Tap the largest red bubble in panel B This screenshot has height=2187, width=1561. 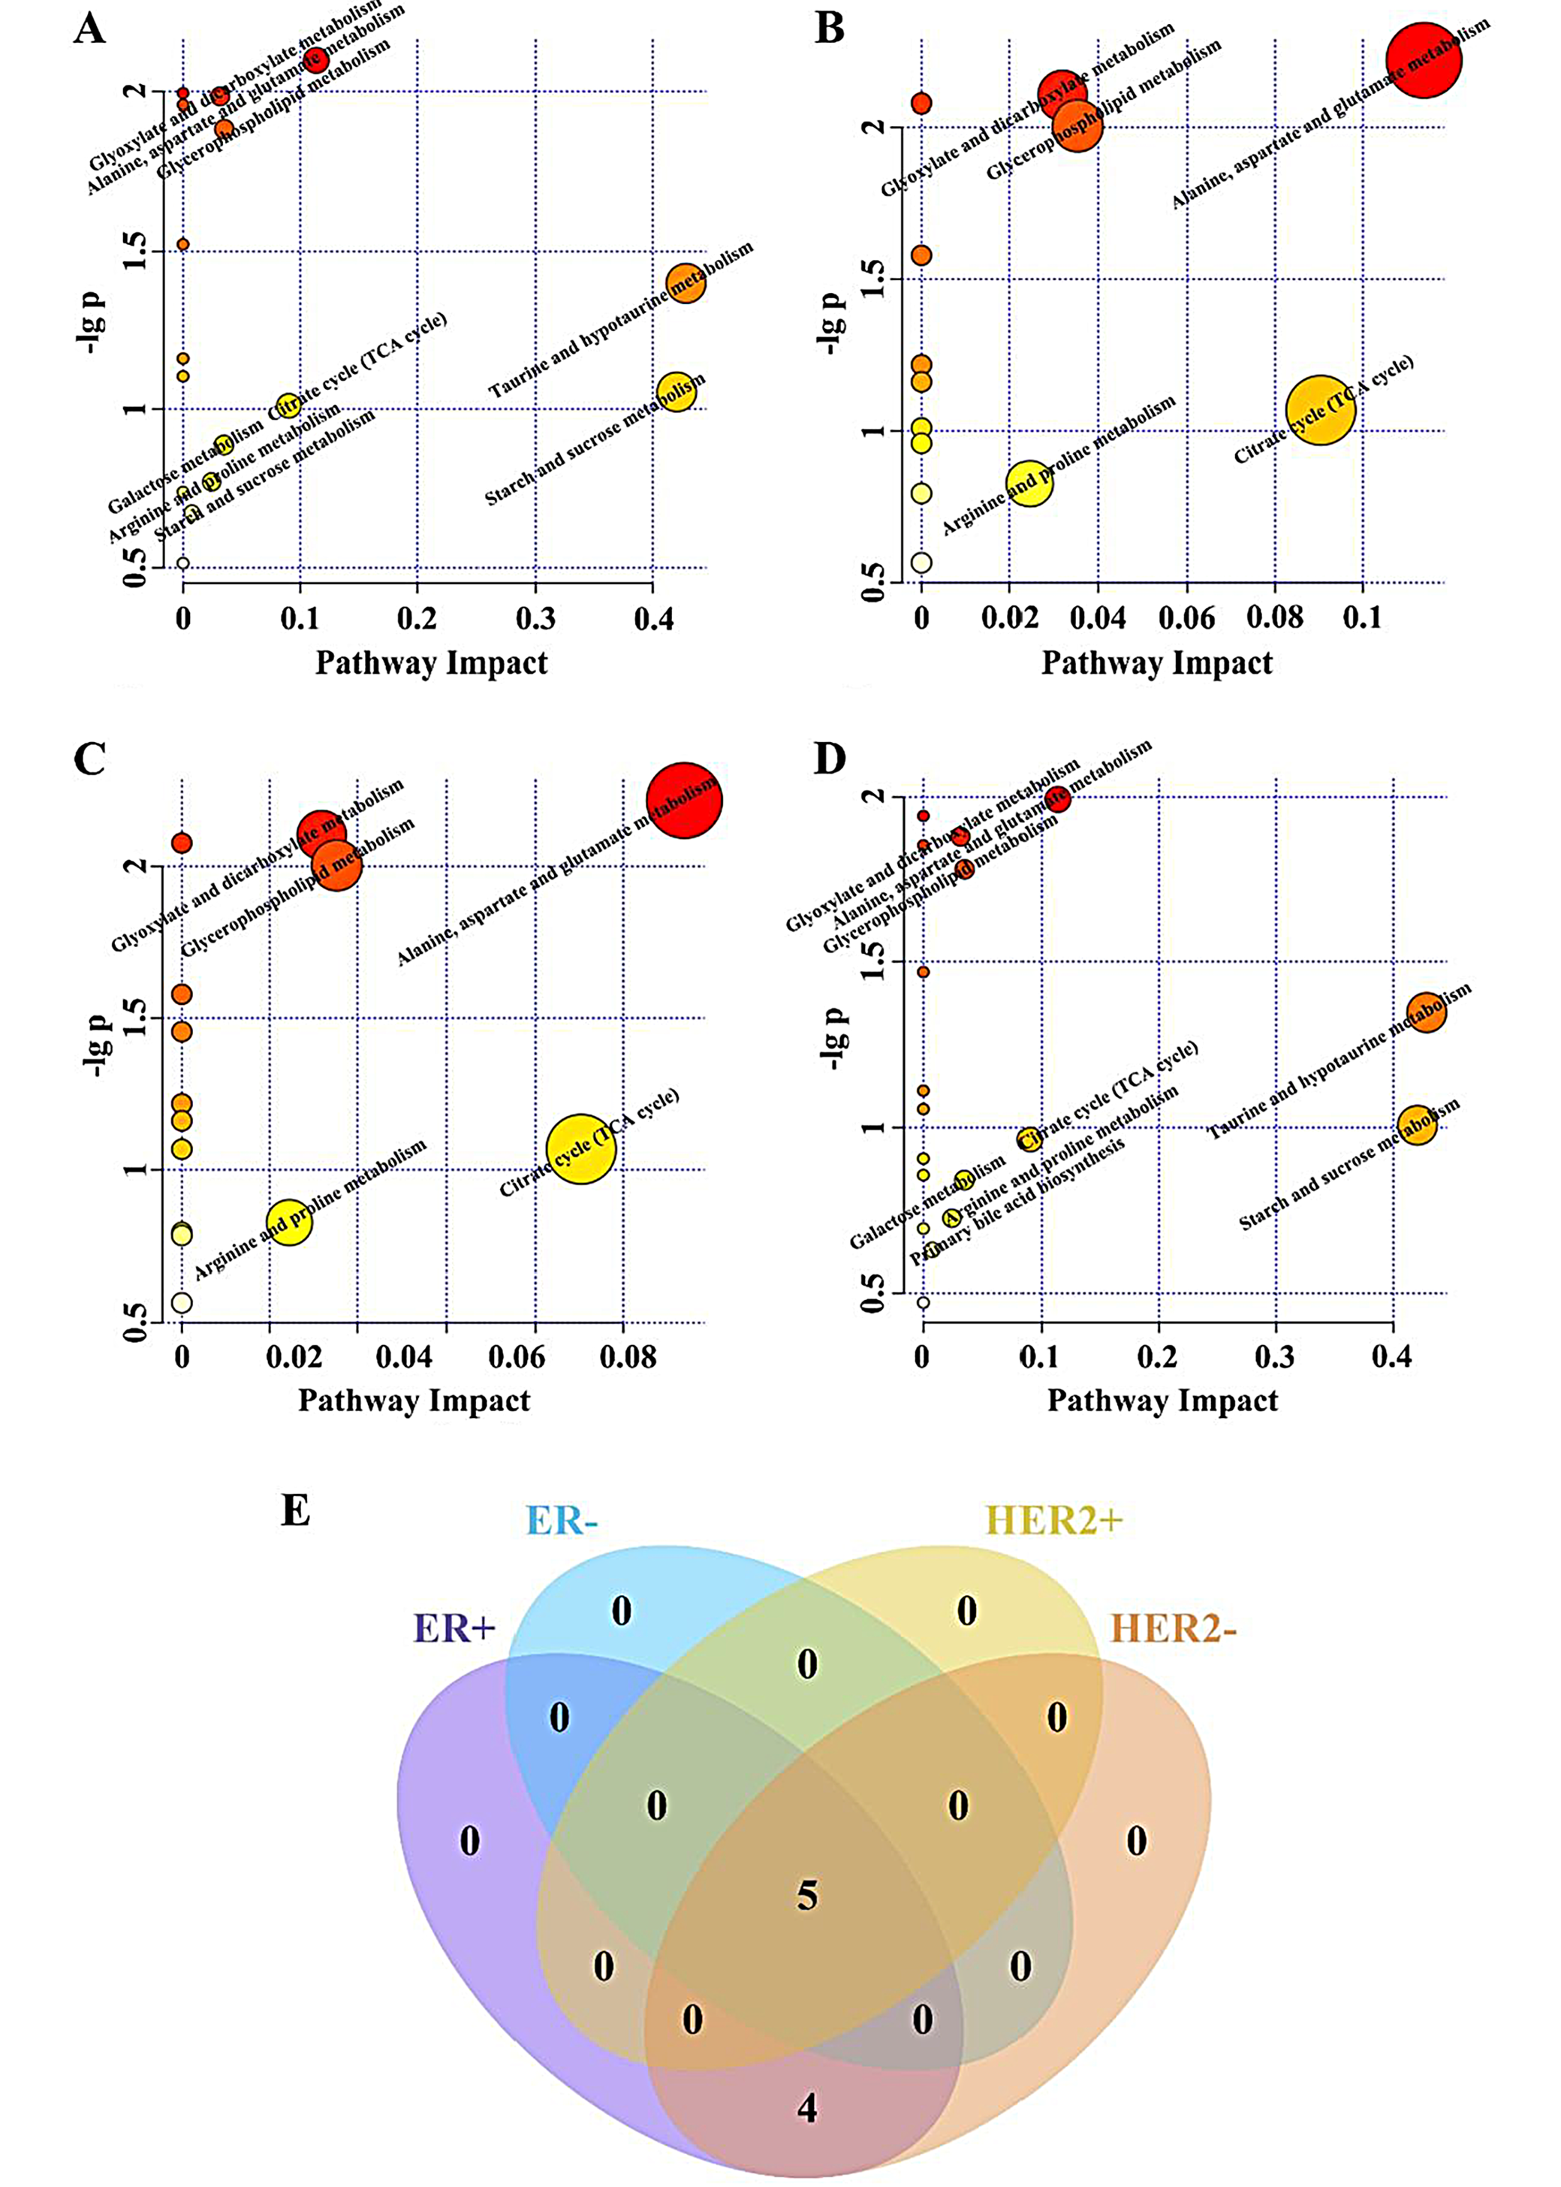(x=1424, y=59)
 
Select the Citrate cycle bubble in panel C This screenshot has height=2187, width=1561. (x=580, y=1149)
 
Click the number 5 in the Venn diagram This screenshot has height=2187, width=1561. (x=807, y=1896)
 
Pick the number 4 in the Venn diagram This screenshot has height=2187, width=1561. (x=807, y=2108)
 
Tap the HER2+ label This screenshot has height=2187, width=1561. (x=1053, y=1521)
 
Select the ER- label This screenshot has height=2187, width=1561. (x=562, y=1521)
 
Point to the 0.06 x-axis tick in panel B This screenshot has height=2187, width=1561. (x=1186, y=618)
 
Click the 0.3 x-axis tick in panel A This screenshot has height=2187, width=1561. (x=535, y=618)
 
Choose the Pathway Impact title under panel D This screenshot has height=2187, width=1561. (x=1162, y=1401)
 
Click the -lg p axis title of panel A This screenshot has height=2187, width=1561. (x=93, y=322)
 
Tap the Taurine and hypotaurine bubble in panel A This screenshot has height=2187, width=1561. (x=686, y=282)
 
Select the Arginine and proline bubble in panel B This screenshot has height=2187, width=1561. (x=1029, y=483)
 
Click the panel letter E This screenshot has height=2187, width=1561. (x=295, y=1510)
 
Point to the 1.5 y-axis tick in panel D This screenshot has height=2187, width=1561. (x=872, y=961)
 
